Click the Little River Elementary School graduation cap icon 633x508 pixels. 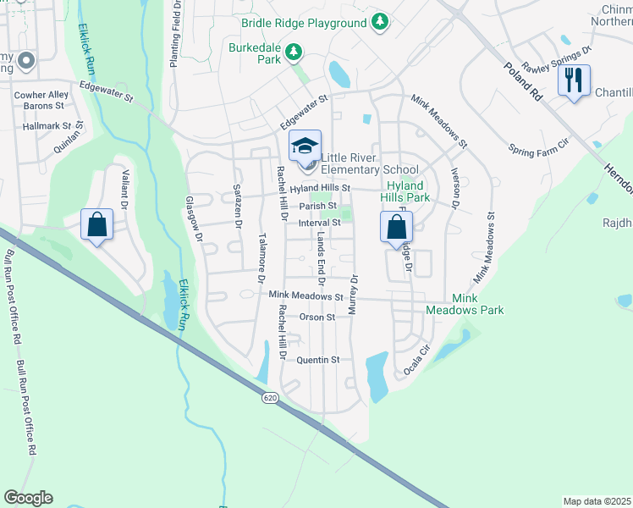click(305, 146)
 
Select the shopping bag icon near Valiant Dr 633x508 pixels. click(97, 225)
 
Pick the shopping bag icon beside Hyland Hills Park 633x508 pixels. click(396, 227)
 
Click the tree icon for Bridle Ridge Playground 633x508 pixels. click(382, 19)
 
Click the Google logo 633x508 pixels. click(28, 498)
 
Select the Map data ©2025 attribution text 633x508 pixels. click(597, 501)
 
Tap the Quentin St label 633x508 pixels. click(318, 360)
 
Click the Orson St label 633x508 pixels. click(317, 317)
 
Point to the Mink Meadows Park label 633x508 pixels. click(477, 305)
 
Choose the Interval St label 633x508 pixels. click(319, 223)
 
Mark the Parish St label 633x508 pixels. click(318, 205)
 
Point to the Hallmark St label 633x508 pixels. click(44, 125)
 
